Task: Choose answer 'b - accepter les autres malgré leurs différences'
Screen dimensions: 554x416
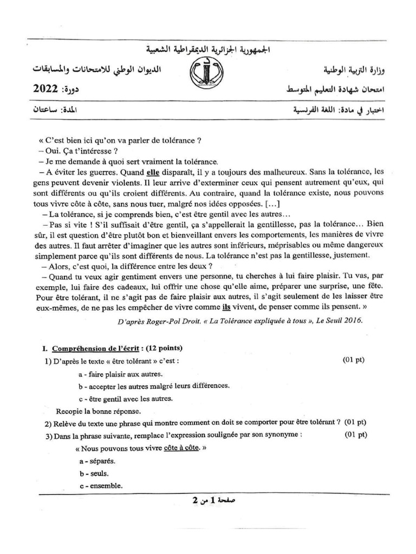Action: coord(154,386)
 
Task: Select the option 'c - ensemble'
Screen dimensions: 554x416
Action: coord(100,485)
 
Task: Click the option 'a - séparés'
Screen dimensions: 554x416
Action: coord(97,461)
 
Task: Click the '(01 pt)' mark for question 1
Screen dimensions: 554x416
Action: coord(353,360)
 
